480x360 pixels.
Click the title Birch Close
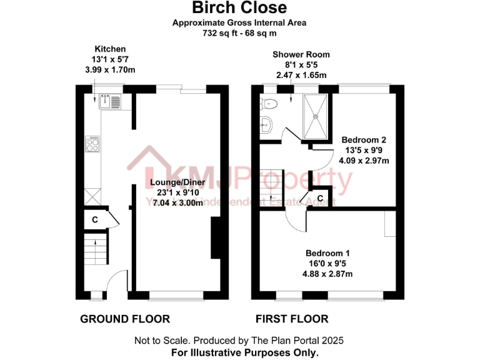click(x=239, y=8)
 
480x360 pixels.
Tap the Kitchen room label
click(x=110, y=49)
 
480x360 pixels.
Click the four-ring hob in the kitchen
click(x=92, y=144)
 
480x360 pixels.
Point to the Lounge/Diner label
click(x=176, y=182)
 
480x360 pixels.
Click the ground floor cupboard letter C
click(x=95, y=220)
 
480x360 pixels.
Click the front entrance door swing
click(x=116, y=284)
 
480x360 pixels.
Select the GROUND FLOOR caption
click(x=125, y=319)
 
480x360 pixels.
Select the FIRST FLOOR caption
click(x=292, y=319)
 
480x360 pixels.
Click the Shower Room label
click(x=301, y=55)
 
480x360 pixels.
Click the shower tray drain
click(x=316, y=116)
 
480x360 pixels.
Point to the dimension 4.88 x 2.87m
click(x=327, y=274)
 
